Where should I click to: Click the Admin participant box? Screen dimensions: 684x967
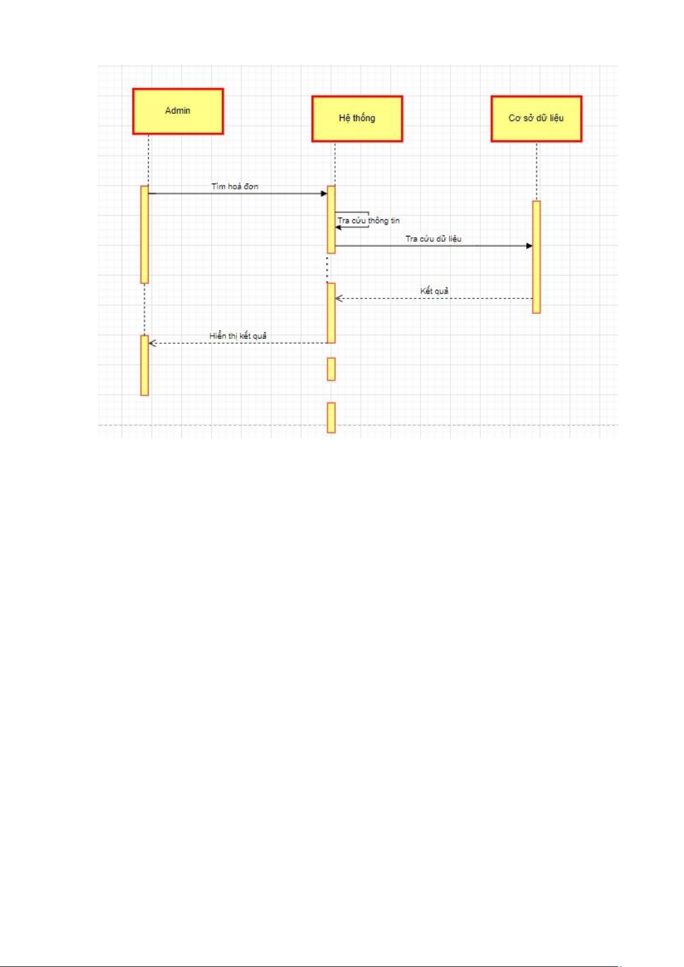[178, 111]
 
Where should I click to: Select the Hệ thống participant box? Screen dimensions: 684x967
[357, 119]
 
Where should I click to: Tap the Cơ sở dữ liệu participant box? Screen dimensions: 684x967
[537, 119]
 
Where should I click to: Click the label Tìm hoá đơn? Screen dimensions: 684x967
[235, 187]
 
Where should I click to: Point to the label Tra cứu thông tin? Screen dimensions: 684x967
[368, 220]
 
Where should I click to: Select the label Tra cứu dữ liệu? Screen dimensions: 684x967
[433, 239]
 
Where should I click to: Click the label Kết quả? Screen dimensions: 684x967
[434, 291]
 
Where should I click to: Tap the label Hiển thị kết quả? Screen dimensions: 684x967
[238, 336]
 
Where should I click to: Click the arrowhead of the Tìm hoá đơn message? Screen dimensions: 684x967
[324, 193]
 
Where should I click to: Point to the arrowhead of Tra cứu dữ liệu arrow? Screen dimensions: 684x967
[530, 246]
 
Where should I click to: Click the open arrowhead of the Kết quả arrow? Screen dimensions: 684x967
[339, 298]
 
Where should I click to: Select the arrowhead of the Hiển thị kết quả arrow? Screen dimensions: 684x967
[152, 343]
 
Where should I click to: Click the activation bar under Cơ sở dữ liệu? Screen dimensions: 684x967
[537, 257]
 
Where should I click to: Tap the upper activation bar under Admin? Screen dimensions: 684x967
[145, 234]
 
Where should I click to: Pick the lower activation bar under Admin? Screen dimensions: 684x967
[145, 365]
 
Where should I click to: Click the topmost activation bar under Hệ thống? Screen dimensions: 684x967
[331, 219]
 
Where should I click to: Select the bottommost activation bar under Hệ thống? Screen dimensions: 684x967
[331, 417]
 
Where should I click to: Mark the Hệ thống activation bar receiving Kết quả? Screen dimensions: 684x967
[331, 313]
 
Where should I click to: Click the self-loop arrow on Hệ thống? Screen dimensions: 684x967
[352, 220]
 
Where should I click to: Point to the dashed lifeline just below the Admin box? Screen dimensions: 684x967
[149, 160]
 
